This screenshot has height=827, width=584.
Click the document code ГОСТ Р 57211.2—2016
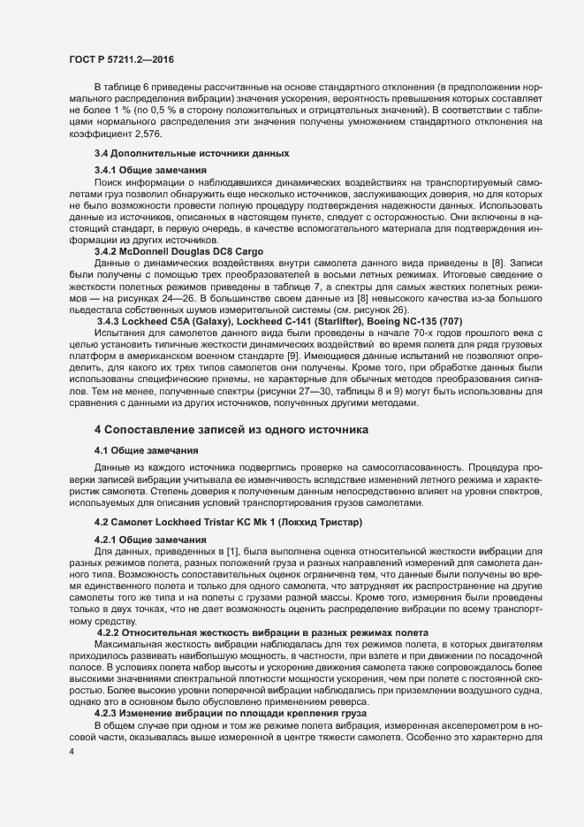click(x=121, y=58)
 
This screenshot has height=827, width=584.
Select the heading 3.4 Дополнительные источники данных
click(x=180, y=153)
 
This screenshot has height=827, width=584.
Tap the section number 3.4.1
click(x=108, y=169)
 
